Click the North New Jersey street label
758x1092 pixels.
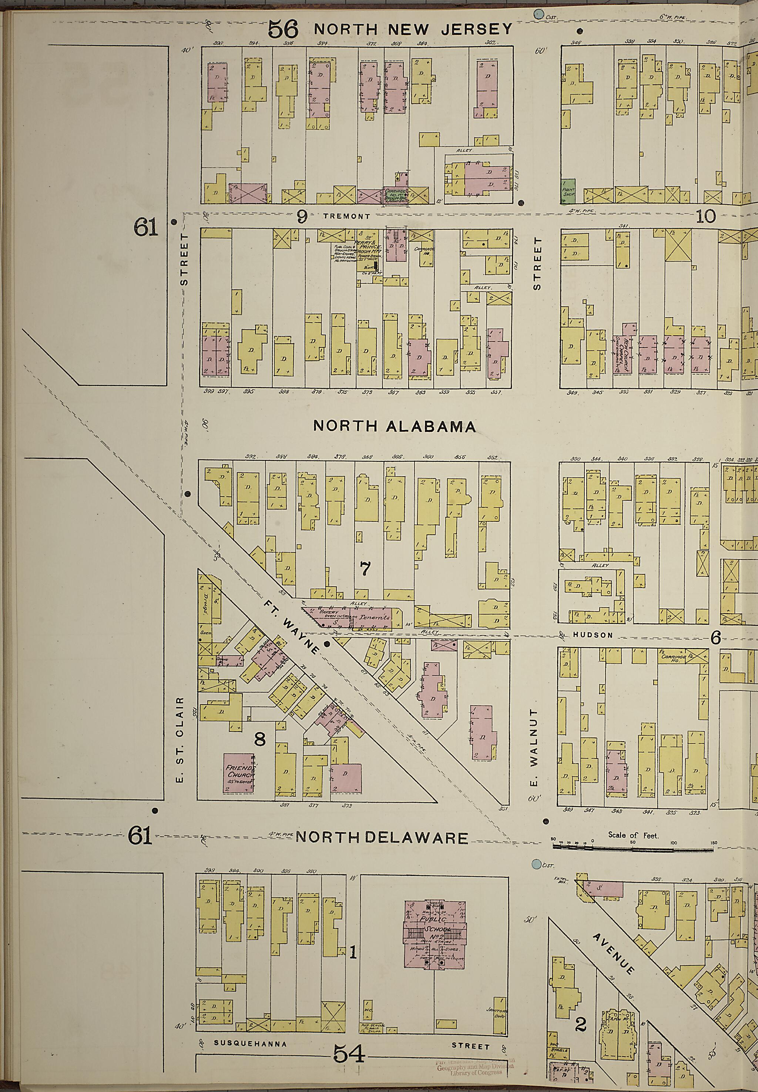point(413,30)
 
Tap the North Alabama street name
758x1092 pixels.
point(394,426)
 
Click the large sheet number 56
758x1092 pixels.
point(283,30)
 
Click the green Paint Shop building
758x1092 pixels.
point(568,189)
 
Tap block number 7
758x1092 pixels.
point(365,568)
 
